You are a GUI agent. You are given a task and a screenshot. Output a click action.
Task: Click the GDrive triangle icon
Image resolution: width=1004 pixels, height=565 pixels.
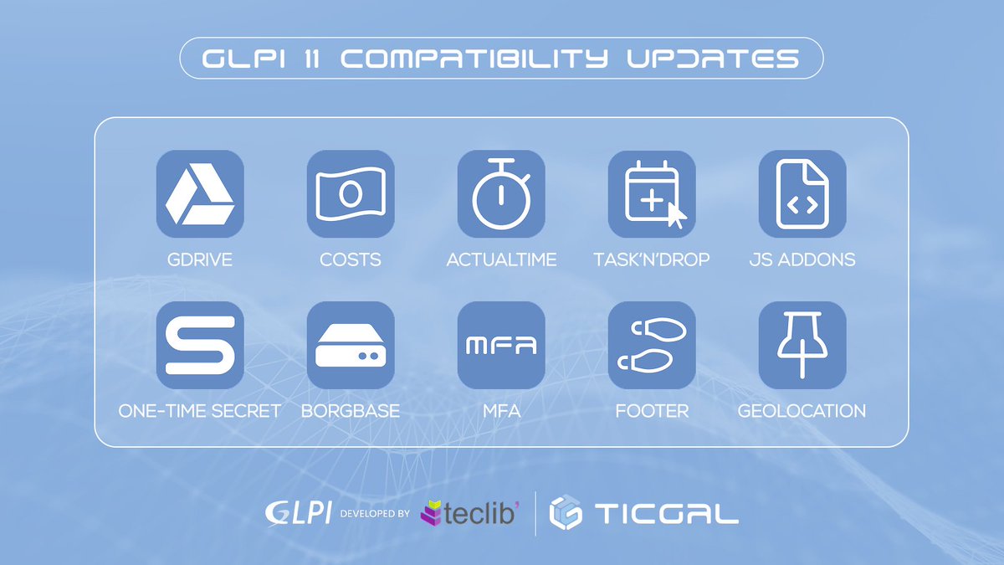pyautogui.click(x=200, y=193)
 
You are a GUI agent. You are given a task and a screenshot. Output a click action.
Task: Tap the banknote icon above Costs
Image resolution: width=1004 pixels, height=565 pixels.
pyautogui.click(x=351, y=193)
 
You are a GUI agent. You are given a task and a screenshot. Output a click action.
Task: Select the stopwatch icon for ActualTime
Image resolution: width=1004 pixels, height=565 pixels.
pyautogui.click(x=501, y=193)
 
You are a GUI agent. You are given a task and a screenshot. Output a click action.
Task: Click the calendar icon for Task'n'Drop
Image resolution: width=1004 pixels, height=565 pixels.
pyautogui.click(x=652, y=193)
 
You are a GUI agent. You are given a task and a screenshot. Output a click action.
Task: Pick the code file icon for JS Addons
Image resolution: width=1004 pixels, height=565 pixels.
pyautogui.click(x=802, y=193)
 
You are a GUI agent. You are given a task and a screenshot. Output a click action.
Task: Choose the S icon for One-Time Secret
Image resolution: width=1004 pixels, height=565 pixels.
pyautogui.click(x=200, y=344)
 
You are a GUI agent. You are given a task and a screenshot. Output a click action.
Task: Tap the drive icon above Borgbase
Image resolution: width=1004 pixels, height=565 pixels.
pyautogui.click(x=351, y=344)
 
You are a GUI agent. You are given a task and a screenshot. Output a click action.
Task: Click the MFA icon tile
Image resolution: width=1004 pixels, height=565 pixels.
pyautogui.click(x=501, y=344)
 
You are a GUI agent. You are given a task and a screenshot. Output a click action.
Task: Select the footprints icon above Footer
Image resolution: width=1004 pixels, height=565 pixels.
pyautogui.click(x=652, y=344)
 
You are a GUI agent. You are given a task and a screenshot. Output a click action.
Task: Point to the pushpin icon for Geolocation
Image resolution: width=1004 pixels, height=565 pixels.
pyautogui.click(x=802, y=344)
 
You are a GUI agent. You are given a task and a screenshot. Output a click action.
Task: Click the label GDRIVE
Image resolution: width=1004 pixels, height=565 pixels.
pyautogui.click(x=200, y=259)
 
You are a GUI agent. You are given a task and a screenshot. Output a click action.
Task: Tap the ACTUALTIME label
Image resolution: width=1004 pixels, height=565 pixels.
pyautogui.click(x=501, y=259)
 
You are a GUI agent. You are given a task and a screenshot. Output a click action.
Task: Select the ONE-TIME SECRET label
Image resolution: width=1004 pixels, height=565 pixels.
pyautogui.click(x=199, y=411)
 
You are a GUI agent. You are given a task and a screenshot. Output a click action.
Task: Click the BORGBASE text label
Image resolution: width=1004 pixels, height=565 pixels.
pyautogui.click(x=351, y=411)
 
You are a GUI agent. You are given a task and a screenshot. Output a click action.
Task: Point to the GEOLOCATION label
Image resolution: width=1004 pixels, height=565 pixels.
pyautogui.click(x=802, y=411)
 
